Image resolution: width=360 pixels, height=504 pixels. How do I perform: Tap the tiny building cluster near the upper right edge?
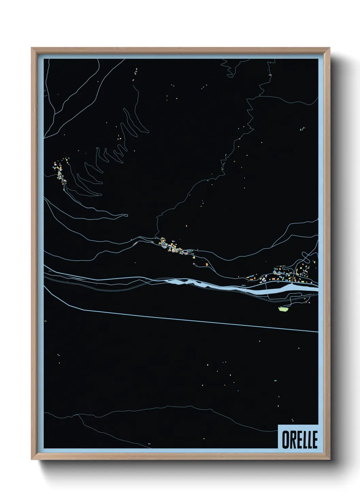coord(302,129)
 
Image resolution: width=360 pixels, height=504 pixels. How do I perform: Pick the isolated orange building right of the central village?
coord(206,264)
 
